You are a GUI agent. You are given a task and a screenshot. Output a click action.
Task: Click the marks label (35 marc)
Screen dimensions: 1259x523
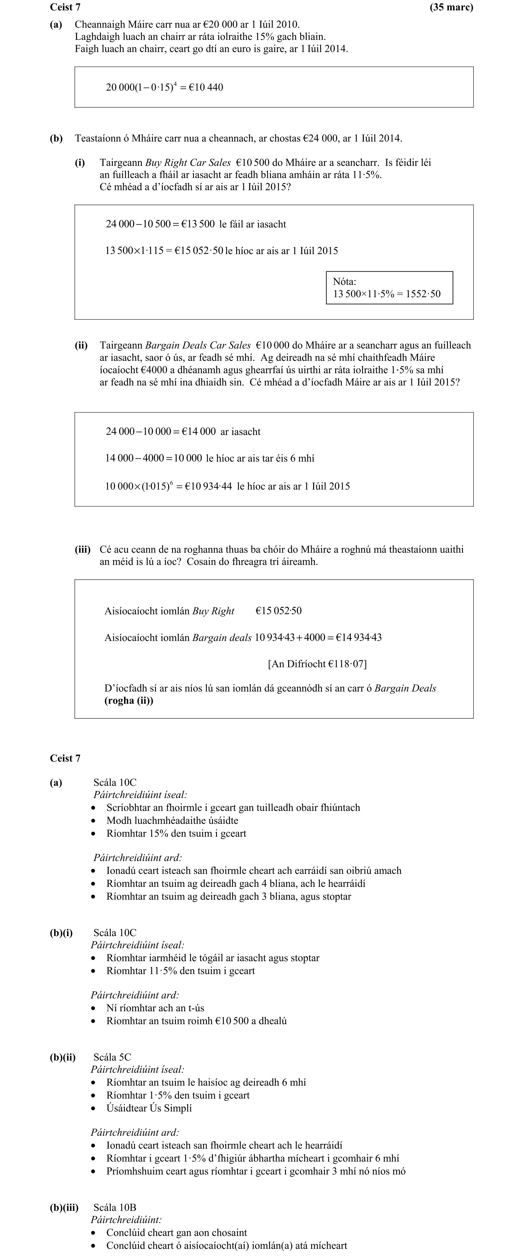(x=451, y=7)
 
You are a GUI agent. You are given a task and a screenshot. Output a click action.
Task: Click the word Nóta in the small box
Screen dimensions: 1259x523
(x=344, y=281)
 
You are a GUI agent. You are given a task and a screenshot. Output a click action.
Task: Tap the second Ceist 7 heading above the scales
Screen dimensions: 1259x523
(x=65, y=758)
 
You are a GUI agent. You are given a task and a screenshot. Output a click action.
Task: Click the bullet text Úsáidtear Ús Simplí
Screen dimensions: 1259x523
(x=149, y=1108)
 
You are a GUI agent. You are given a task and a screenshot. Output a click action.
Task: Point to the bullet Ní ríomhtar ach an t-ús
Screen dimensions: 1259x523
(x=155, y=1008)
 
